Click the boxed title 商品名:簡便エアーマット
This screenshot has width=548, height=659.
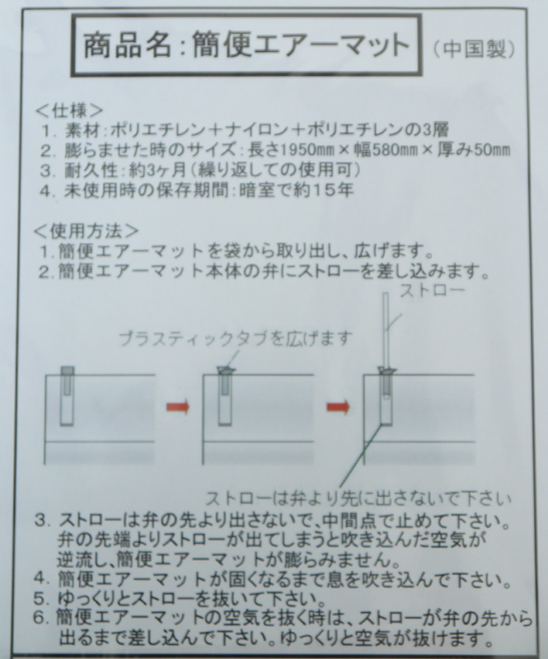pyautogui.click(x=246, y=45)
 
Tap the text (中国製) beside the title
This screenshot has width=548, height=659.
pyautogui.click(x=474, y=49)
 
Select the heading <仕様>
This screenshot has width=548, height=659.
pyautogui.click(x=70, y=110)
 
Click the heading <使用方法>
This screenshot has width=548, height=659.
pyautogui.click(x=87, y=231)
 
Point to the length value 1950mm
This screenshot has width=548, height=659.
pyautogui.click(x=307, y=150)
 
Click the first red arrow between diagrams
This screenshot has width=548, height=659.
pyautogui.click(x=178, y=407)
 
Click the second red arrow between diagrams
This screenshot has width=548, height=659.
pyautogui.click(x=339, y=407)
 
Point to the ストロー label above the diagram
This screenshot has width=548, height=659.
pyautogui.click(x=433, y=290)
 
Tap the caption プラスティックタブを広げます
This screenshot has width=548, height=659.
pyautogui.click(x=235, y=339)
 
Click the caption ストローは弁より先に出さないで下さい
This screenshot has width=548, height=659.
pyautogui.click(x=358, y=498)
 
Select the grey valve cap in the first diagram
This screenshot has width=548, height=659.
pyautogui.click(x=68, y=372)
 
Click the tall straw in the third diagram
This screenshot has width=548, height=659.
pyautogui.click(x=386, y=331)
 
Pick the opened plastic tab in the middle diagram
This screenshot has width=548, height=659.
pyautogui.click(x=227, y=370)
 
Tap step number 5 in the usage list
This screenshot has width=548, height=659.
pyautogui.click(x=40, y=599)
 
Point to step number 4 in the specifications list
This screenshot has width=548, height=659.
pyautogui.click(x=46, y=191)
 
